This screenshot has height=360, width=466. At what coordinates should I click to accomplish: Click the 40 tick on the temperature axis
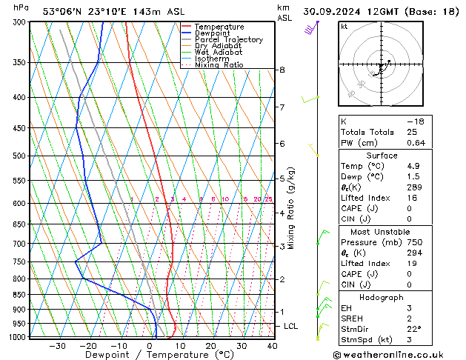tap(272, 345)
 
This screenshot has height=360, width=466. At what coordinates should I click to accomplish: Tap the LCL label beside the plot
tap(291, 326)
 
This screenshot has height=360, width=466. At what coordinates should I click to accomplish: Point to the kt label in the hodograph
tap(344, 27)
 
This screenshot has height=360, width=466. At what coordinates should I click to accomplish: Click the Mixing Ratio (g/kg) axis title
tap(291, 208)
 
